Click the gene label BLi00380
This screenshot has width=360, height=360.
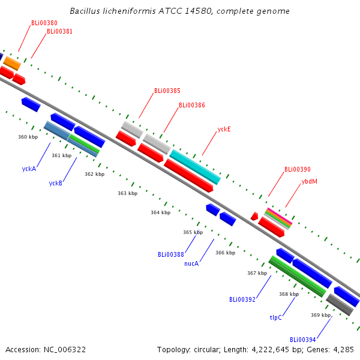44,23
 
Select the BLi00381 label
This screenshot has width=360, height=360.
59,31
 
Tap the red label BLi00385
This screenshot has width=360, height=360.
167,91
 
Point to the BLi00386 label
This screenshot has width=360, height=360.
192,105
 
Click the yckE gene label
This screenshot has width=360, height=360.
224,129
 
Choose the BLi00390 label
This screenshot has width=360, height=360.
298,169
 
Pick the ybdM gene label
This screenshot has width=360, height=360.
310,181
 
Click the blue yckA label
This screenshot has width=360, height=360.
29,169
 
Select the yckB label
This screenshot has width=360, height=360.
56,183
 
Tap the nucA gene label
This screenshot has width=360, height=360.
191,263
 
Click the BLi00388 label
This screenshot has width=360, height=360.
171,254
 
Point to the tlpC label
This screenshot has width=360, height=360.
276,317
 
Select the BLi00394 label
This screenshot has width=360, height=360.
302,339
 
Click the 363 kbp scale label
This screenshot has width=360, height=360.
127,193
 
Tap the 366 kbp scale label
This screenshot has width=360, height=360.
225,253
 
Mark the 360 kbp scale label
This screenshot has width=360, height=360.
28,137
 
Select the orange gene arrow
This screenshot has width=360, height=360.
12,62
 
